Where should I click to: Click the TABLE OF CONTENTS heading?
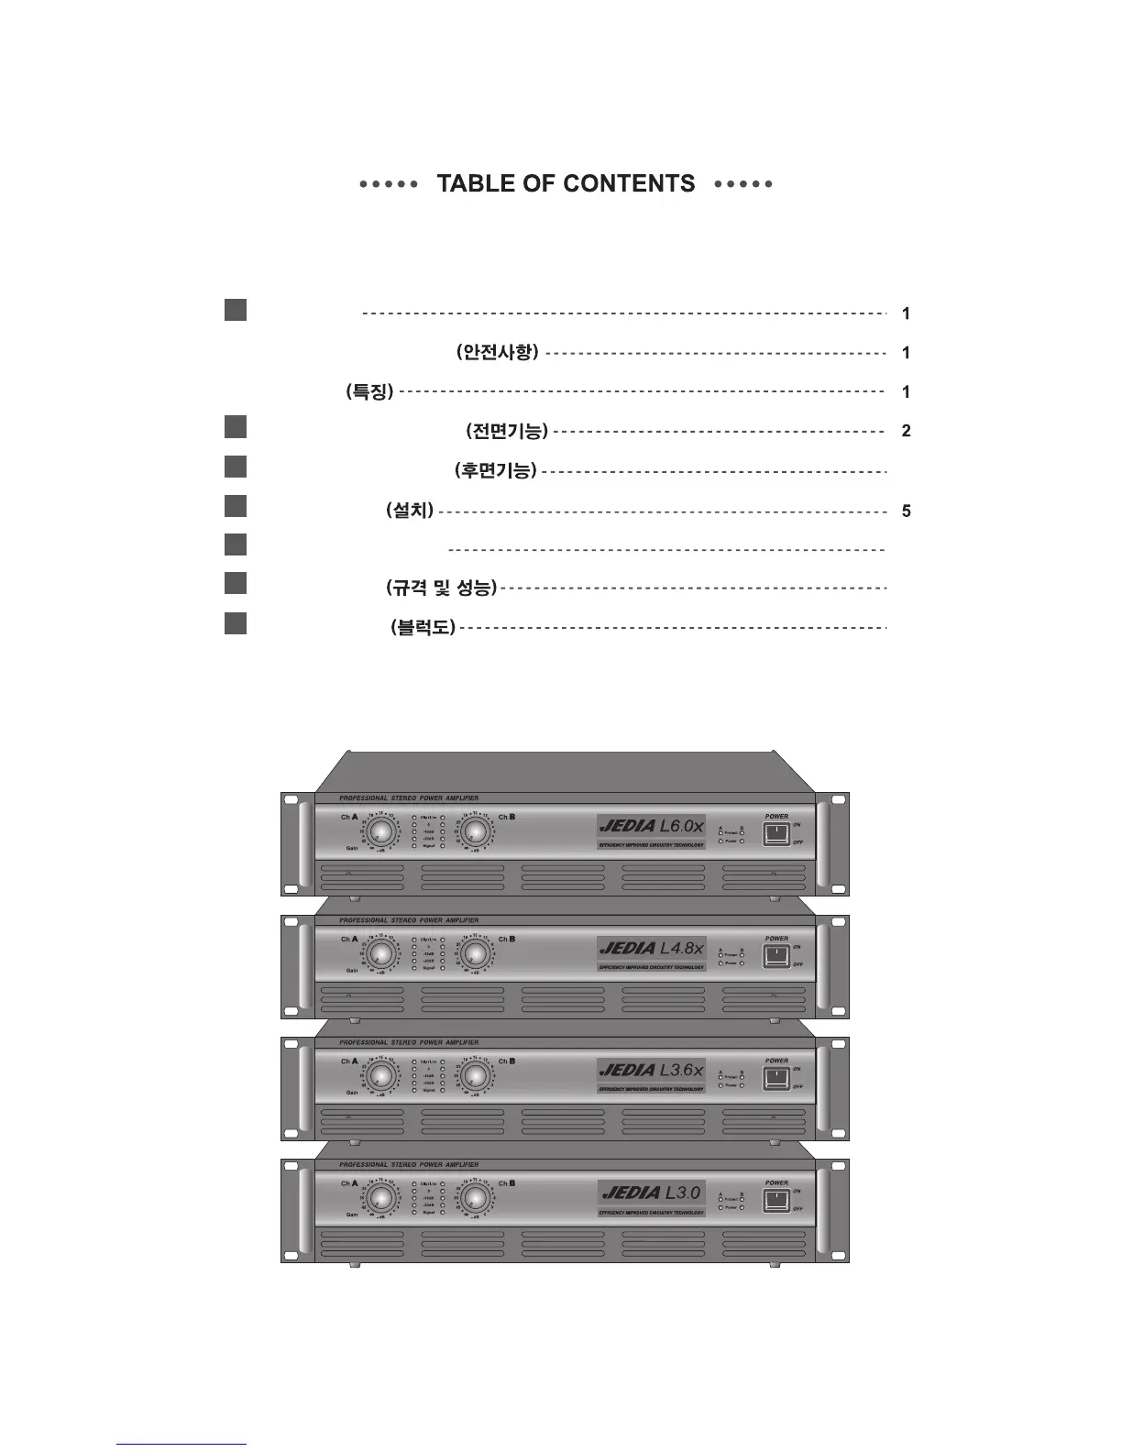[566, 184]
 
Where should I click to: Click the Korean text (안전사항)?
[497, 352]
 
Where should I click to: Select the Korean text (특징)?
[369, 391]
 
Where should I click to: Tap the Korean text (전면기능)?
[507, 430]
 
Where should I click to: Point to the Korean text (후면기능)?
[496, 470]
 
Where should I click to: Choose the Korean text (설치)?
[410, 511]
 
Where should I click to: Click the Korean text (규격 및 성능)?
[441, 588]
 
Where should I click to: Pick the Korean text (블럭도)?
[423, 628]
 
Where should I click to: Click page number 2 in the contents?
[906, 431]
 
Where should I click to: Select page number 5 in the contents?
[906, 511]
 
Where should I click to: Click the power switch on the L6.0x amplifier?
[776, 834]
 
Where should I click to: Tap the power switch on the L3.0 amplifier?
[776, 1200]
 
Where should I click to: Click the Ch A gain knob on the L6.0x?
[380, 832]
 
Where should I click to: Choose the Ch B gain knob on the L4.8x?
[474, 954]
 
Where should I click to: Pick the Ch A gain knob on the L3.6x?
[380, 1076]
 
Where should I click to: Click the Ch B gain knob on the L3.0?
[474, 1198]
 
